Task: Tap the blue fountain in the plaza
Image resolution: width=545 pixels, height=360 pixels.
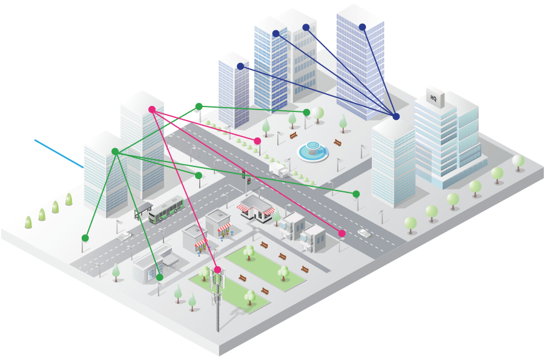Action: point(313,151)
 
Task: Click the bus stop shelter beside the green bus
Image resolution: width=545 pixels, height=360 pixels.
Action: point(143,211)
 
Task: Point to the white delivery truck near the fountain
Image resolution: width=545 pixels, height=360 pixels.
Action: point(279,169)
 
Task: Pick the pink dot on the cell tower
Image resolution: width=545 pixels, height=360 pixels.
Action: point(217,269)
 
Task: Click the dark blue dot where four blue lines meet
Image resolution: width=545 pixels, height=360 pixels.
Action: point(396,117)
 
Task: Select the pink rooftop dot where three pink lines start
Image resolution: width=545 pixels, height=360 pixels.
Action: point(152,110)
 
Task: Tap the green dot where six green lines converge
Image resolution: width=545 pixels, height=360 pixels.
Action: point(115,151)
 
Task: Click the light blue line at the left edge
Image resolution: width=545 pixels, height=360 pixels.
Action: point(59,154)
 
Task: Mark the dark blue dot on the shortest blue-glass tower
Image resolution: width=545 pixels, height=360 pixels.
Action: point(240,67)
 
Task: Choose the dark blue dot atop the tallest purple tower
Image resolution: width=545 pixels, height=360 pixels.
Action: point(363,27)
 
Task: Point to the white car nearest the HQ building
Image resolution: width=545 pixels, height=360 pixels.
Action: point(364,232)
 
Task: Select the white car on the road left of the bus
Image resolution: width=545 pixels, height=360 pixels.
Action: point(124,236)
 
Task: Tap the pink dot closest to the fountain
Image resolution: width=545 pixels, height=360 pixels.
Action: point(257,141)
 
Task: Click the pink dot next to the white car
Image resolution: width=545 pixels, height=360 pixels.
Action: point(342,234)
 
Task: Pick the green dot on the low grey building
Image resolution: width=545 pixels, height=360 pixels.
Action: point(159,277)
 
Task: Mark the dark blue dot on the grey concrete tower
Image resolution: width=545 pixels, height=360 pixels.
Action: point(306,27)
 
